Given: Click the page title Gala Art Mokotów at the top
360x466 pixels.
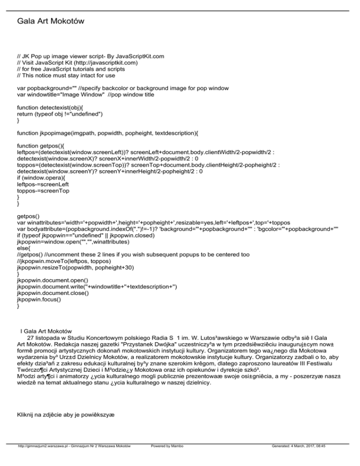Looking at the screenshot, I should click(50, 22).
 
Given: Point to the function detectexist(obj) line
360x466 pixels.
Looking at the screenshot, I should click(49, 107).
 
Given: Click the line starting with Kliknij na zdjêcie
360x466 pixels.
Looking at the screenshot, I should click(65, 402).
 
